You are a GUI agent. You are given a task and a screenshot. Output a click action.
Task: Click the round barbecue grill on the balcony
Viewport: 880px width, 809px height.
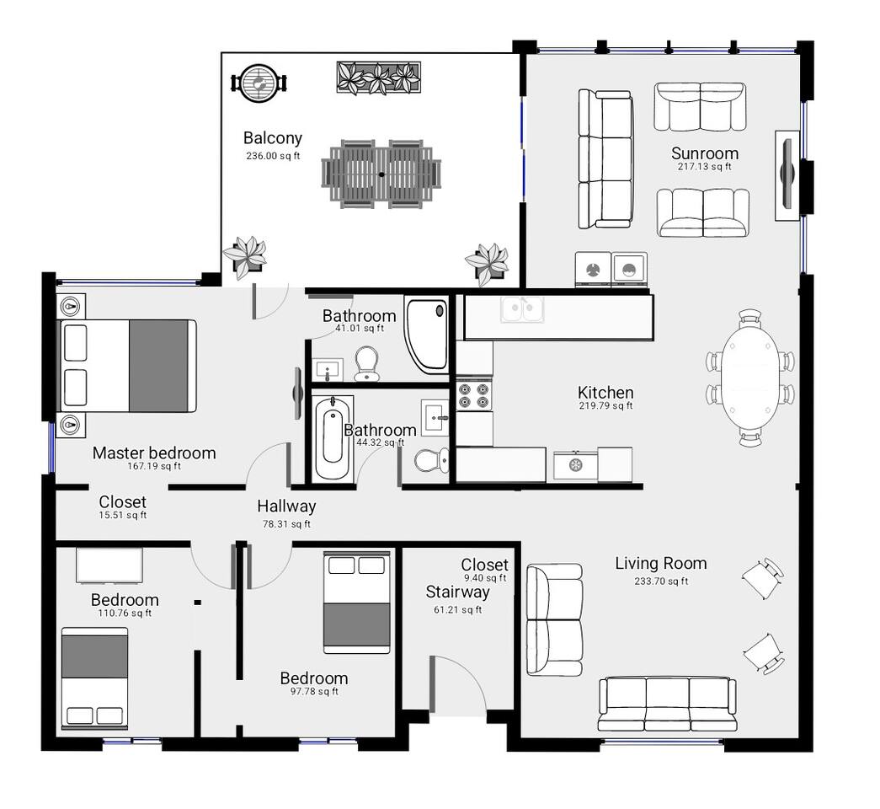coord(259,83)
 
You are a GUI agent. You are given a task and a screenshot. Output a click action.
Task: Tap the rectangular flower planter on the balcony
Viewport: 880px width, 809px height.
coord(379,78)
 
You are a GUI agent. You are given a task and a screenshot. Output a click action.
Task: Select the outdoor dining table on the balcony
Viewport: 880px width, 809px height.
coord(381,174)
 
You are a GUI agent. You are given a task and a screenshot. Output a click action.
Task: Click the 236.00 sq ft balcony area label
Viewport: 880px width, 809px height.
coord(273,156)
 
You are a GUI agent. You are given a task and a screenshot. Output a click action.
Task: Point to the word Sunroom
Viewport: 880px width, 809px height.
coord(705,153)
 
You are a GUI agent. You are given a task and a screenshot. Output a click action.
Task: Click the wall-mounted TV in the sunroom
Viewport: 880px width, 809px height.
coord(787,174)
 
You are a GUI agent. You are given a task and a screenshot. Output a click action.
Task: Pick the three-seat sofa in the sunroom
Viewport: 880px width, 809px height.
coord(606,158)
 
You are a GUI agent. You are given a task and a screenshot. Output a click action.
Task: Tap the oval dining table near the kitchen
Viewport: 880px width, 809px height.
coord(750,378)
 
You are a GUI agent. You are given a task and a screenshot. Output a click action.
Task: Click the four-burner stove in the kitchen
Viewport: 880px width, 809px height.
coord(474,394)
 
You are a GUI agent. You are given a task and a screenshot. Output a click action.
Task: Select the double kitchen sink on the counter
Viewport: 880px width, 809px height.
coord(522,309)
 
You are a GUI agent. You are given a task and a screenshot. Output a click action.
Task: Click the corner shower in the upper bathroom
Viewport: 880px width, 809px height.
coord(427,335)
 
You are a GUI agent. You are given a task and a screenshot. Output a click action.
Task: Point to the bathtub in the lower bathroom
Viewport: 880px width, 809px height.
coord(333,438)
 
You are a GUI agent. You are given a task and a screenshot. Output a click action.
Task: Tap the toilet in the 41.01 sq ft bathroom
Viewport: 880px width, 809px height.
coord(367,363)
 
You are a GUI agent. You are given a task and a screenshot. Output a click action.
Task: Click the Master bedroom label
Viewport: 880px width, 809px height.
coord(154,453)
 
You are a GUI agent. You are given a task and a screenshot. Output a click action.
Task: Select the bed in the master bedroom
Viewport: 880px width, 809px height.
coord(129,366)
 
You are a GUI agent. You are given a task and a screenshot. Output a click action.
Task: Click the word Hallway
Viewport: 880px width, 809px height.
coord(286,506)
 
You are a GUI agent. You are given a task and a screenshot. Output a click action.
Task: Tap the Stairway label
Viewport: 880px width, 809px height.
coord(457,592)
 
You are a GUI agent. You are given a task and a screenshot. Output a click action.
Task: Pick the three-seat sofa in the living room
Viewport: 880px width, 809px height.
coord(667,705)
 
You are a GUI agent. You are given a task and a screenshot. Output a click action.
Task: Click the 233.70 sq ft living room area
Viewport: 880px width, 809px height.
coord(661,581)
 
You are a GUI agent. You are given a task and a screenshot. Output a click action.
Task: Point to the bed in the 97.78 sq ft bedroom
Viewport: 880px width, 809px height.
coord(357,603)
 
